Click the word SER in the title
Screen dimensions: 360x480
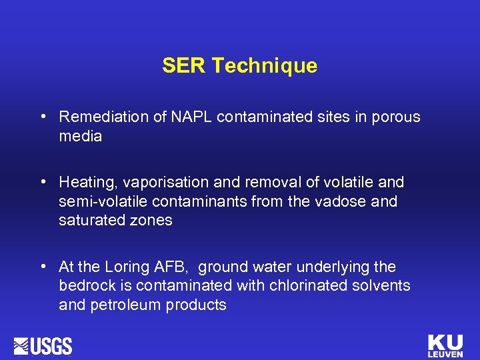(185, 66)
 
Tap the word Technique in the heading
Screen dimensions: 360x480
(265, 66)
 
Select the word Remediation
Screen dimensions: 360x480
(102, 117)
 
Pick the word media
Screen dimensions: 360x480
(80, 137)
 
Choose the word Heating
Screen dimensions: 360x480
(85, 182)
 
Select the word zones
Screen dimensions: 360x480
(152, 221)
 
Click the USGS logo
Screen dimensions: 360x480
(43, 346)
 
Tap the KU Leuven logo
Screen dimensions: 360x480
(445, 345)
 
